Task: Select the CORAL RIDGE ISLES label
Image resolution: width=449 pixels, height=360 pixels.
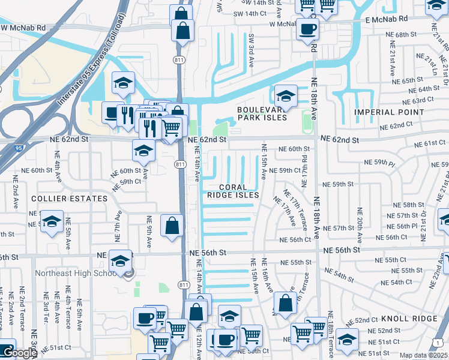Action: point(233,191)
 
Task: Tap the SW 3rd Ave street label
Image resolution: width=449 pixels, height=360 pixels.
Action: point(252,46)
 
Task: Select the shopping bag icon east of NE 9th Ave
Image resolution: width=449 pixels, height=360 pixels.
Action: point(172,226)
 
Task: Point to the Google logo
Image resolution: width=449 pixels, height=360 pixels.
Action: point(19,353)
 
